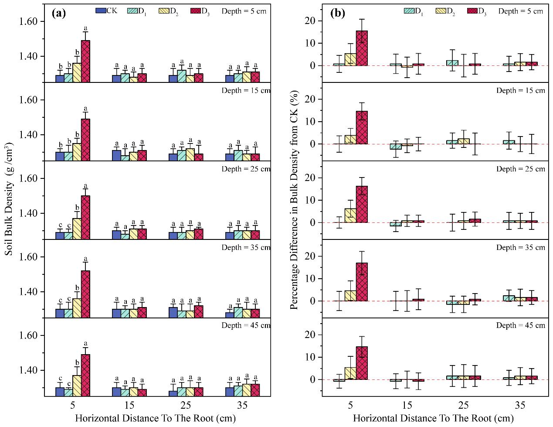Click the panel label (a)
pos(58,13)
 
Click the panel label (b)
pos(337,13)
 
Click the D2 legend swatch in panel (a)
pos(164,11)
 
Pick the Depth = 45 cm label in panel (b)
pos(520,325)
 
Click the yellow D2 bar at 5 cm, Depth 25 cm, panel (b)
pos(350,215)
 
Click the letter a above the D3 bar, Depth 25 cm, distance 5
pos(85,186)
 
